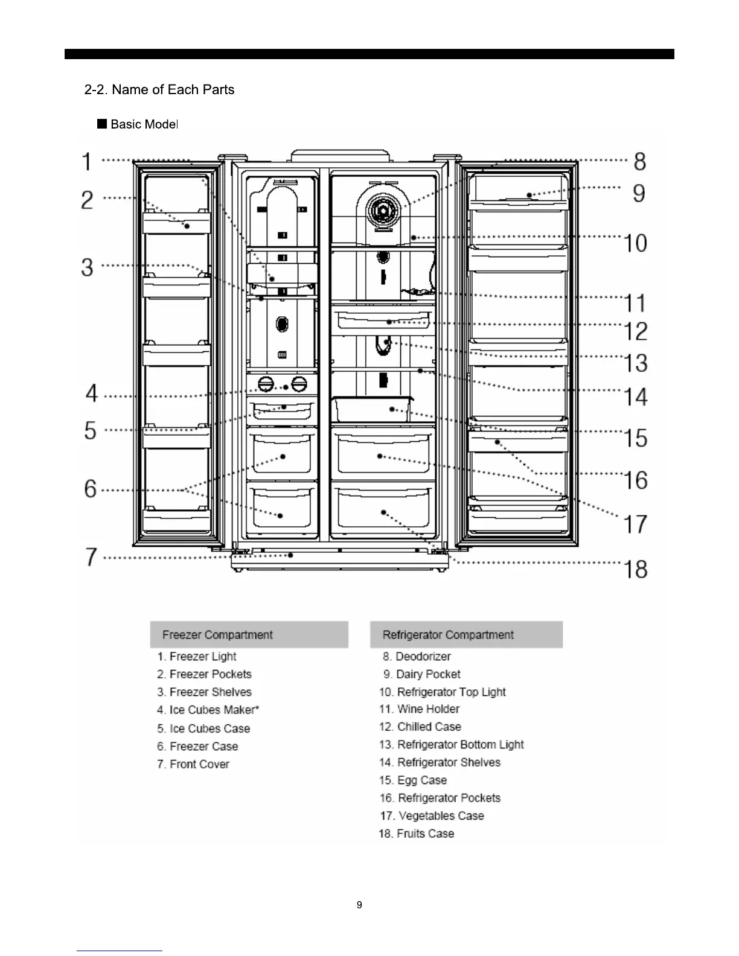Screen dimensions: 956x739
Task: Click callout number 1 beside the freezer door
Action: point(88,162)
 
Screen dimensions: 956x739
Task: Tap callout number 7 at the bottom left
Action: point(91,556)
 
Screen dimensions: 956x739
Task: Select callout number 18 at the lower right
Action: point(636,569)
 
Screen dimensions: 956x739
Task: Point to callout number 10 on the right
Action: point(635,243)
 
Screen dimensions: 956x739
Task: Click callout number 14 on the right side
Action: point(636,397)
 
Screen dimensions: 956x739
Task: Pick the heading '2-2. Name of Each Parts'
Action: point(159,90)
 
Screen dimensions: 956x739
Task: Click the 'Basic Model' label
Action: point(144,124)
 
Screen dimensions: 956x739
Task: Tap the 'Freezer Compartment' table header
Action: point(217,635)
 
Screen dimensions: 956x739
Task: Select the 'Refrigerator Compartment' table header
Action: point(448,635)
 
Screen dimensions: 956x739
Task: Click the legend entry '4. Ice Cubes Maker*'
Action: point(208,710)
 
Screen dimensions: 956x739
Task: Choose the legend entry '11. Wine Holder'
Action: point(420,709)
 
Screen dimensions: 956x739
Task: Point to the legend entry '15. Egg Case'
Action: point(414,780)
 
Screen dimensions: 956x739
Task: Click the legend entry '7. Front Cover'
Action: point(193,764)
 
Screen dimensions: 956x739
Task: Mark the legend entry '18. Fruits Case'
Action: point(417,833)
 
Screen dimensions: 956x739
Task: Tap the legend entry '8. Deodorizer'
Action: point(417,656)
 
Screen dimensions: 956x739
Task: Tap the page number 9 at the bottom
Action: point(360,905)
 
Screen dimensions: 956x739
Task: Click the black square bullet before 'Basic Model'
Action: point(102,124)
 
